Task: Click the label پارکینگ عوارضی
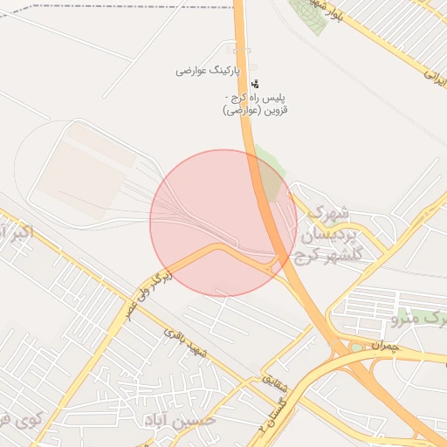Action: pos(203,70)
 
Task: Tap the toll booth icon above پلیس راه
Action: pos(255,84)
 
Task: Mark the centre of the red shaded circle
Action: pos(223,223)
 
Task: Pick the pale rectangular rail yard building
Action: pos(83,170)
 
